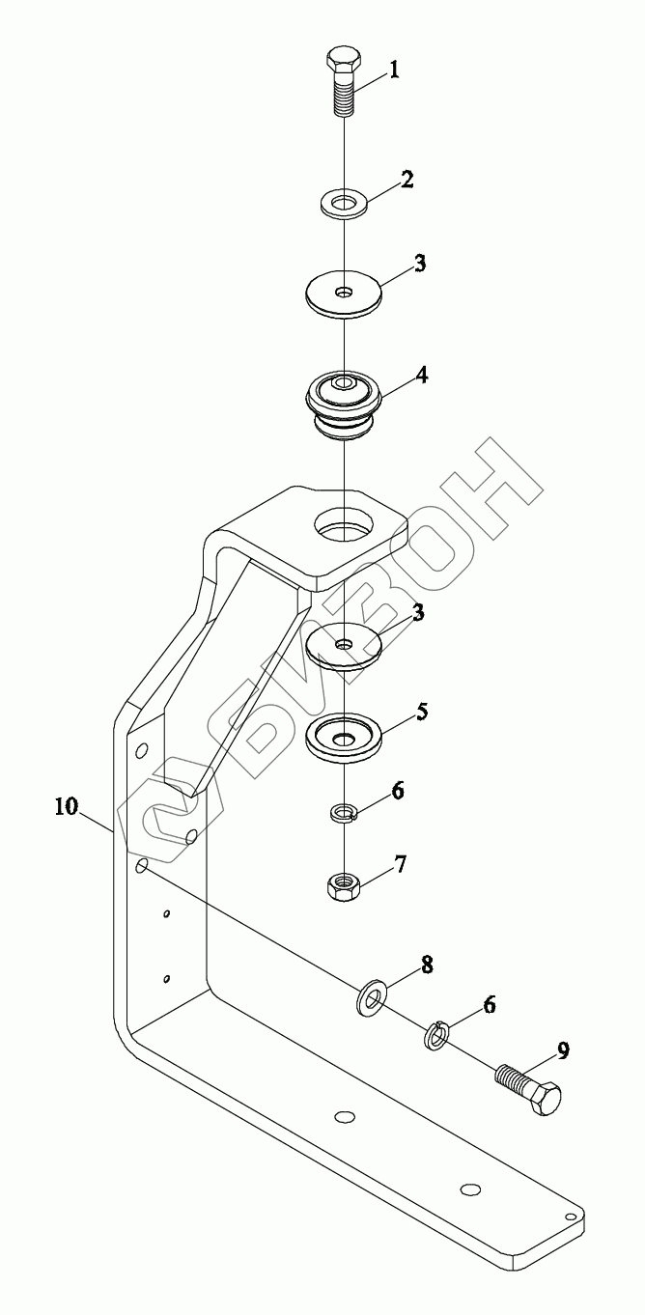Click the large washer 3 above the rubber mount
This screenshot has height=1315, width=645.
click(x=344, y=293)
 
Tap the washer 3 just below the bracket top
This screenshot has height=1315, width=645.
click(x=343, y=645)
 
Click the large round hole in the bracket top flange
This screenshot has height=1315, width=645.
click(x=344, y=527)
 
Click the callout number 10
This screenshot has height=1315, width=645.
click(x=68, y=806)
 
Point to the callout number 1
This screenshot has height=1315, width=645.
click(x=394, y=70)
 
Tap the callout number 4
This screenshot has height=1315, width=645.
click(x=395, y=373)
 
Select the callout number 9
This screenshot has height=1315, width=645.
click(x=561, y=1051)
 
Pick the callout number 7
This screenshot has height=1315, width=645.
click(x=399, y=862)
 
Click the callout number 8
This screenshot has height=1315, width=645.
click(x=399, y=965)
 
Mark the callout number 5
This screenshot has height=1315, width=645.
click(x=395, y=712)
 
